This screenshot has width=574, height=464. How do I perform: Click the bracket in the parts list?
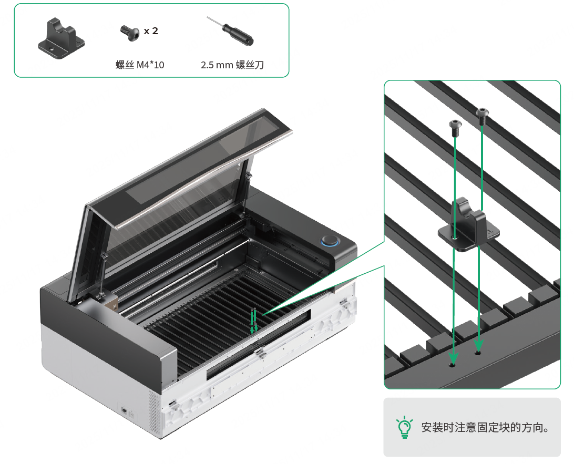[x=61, y=39]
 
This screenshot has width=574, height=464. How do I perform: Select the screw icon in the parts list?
[x=130, y=33]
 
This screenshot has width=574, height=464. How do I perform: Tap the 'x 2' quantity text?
[x=151, y=31]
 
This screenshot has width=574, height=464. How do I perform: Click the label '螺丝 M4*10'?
[x=140, y=65]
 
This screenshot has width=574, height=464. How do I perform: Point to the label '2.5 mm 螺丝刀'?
[x=232, y=65]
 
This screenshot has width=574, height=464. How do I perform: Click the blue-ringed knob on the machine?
[x=330, y=241]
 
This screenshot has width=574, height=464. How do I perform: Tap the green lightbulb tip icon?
[x=405, y=427]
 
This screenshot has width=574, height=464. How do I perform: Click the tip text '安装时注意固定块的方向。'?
[x=485, y=427]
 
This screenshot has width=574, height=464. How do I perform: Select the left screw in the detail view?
[x=455, y=128]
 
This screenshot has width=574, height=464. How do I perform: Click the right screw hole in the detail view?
[x=478, y=353]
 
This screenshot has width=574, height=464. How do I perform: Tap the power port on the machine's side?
[x=125, y=410]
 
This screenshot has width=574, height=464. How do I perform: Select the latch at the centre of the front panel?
[x=260, y=354]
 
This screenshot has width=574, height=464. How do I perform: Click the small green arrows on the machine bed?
[x=254, y=321]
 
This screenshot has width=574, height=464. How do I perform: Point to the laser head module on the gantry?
[x=109, y=301]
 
